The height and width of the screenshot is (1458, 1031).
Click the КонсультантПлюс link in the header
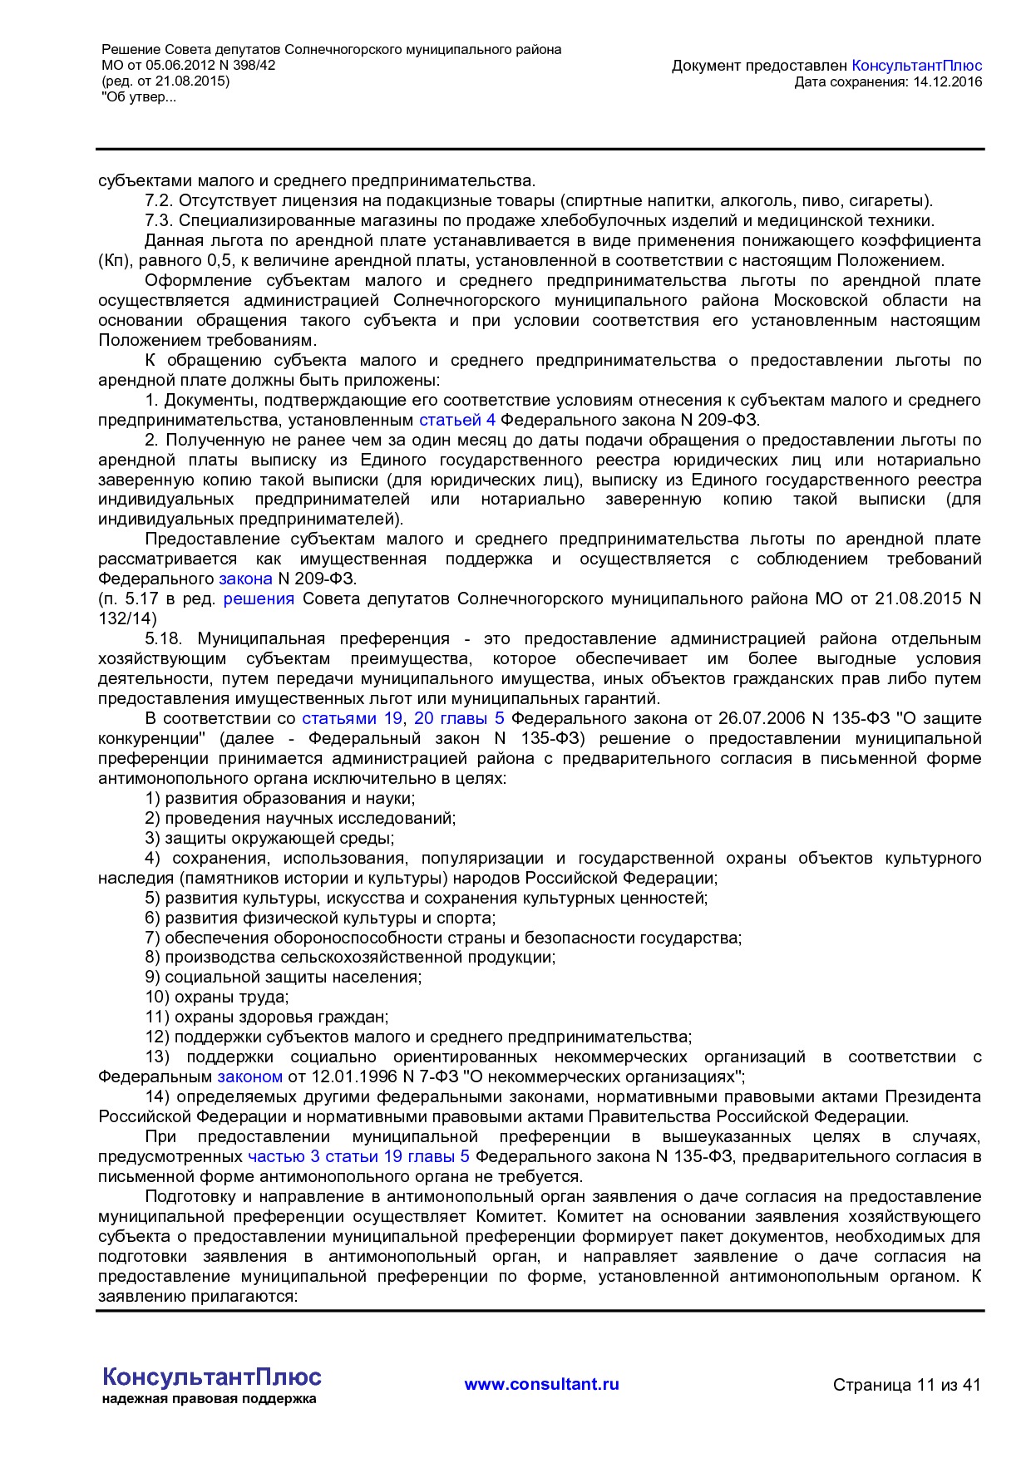point(917,66)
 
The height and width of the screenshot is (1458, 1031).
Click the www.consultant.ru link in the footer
point(541,1384)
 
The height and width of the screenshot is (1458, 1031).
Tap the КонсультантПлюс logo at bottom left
point(211,1377)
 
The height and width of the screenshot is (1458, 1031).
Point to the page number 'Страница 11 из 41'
point(906,1385)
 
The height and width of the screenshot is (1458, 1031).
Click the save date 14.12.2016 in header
point(948,81)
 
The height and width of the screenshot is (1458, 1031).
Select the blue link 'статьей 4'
point(457,420)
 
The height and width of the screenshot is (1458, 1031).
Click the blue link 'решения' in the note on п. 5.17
point(259,598)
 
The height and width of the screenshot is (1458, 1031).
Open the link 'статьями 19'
point(352,718)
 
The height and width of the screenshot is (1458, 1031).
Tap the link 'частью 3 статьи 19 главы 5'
point(358,1156)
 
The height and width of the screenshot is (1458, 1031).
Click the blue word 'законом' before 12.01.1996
point(249,1076)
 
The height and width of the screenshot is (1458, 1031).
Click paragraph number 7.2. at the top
point(158,200)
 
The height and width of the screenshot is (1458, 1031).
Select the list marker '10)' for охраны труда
point(158,997)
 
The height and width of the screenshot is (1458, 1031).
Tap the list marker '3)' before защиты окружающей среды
point(152,838)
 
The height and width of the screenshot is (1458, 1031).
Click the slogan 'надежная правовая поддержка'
point(210,1399)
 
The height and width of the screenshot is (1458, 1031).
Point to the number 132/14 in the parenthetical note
point(126,618)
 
